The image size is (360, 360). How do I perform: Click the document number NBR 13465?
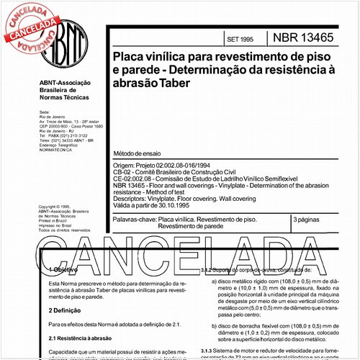(x=300, y=37)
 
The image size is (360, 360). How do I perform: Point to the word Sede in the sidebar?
(x=43, y=114)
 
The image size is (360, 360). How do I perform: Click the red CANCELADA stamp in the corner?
(x=30, y=22)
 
